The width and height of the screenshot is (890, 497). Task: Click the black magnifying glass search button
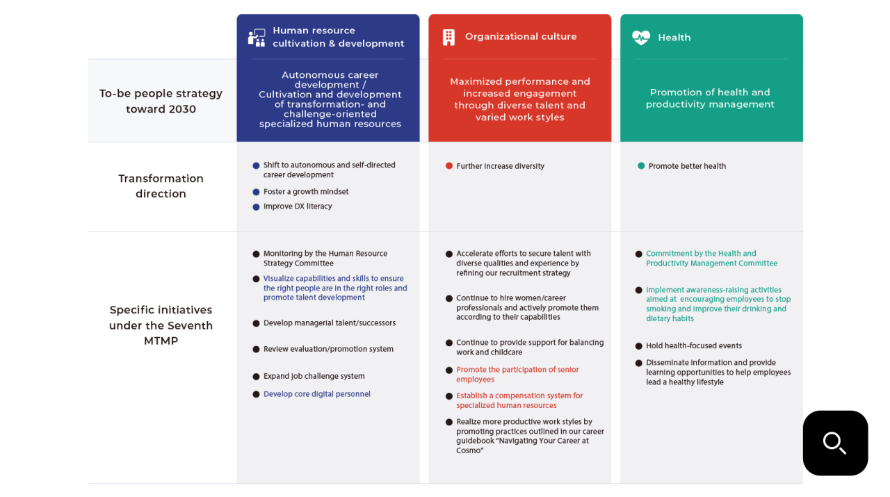point(835,443)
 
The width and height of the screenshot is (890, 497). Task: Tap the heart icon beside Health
point(640,38)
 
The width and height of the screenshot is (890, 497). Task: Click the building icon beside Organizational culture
point(448,37)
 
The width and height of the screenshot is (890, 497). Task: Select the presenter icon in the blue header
point(257,38)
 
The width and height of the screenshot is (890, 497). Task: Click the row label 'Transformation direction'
point(161,186)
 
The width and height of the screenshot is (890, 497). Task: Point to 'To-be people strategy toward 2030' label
point(161,101)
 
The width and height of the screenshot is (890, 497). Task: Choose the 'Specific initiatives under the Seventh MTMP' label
point(161,325)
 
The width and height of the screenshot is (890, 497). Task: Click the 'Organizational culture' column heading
point(520,37)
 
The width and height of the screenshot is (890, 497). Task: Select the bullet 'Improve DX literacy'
point(298,206)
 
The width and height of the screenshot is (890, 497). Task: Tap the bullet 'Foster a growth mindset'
point(305,192)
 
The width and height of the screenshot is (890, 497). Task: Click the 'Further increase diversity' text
point(500,166)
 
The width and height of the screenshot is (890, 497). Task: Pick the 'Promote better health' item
point(687,166)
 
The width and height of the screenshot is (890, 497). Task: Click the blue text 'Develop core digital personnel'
point(316,394)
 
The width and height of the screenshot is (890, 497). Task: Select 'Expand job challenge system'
point(314,376)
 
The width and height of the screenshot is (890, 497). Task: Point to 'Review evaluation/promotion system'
point(328,349)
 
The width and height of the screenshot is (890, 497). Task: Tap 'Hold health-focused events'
point(693,345)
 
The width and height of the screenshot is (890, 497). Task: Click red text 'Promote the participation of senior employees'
point(517,375)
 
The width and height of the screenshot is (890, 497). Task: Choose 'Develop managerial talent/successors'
point(329,323)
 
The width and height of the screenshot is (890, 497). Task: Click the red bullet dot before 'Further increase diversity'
point(449,166)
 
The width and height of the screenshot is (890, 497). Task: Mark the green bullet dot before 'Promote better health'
point(641,166)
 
